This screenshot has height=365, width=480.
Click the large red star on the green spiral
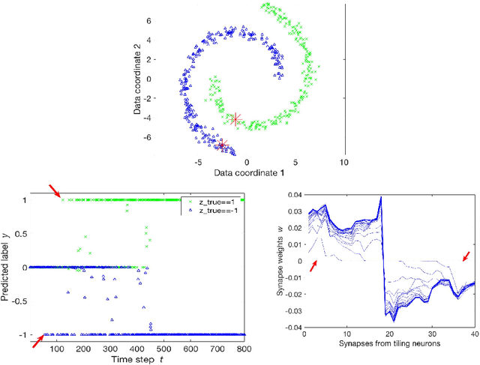[236, 119]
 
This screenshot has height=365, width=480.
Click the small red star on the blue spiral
[222, 144]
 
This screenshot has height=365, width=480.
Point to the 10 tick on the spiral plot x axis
[344, 161]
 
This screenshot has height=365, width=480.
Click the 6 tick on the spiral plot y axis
[170, 20]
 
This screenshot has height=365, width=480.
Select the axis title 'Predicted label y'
[7, 266]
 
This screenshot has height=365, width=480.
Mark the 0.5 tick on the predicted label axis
[20, 234]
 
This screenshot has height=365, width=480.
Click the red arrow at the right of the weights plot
[467, 256]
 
